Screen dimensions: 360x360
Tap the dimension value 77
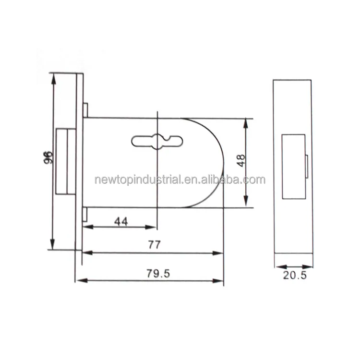[154, 244]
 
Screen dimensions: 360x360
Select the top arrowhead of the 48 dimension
[246, 121]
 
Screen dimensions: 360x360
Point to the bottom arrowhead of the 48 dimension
[246, 204]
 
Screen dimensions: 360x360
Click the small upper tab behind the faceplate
[85, 110]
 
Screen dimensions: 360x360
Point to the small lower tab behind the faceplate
[85, 215]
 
